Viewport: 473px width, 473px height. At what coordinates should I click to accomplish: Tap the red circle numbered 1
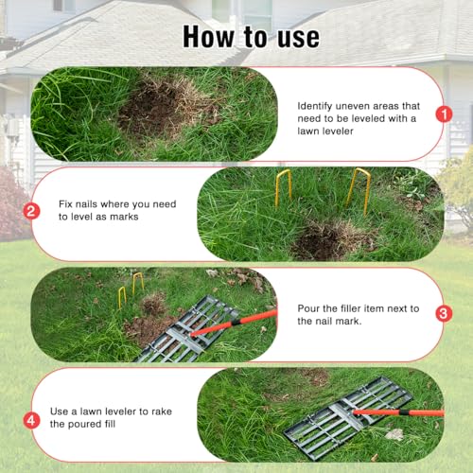pos(442,114)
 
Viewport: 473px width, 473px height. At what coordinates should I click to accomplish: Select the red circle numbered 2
pos(31,211)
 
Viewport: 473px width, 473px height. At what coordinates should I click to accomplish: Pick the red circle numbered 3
pos(442,312)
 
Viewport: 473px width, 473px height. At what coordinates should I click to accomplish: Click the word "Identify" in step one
pos(317,107)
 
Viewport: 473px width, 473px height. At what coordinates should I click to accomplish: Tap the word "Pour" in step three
pos(311,306)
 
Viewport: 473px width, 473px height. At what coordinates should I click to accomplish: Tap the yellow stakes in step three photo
pos(130,289)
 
